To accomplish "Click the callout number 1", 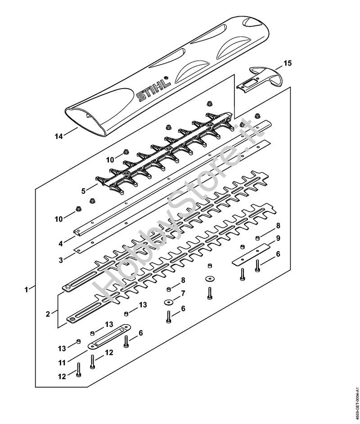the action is [x=26, y=290].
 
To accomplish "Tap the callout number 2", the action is [x=48, y=314].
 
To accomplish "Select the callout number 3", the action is [x=61, y=260].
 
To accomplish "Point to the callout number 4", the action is [x=61, y=244].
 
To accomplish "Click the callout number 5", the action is [x=83, y=191].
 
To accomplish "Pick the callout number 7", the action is [x=183, y=293].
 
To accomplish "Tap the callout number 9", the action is [x=278, y=238].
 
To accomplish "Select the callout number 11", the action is [x=62, y=362].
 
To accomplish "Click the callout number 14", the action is [x=59, y=136].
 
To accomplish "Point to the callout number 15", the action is [x=288, y=63].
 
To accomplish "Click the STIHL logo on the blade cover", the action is [x=153, y=89].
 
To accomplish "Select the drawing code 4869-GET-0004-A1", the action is [x=356, y=401].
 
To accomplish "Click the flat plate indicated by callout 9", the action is [x=252, y=254].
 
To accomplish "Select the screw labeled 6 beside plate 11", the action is [x=126, y=342].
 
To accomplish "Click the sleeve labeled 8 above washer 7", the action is [x=168, y=290].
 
